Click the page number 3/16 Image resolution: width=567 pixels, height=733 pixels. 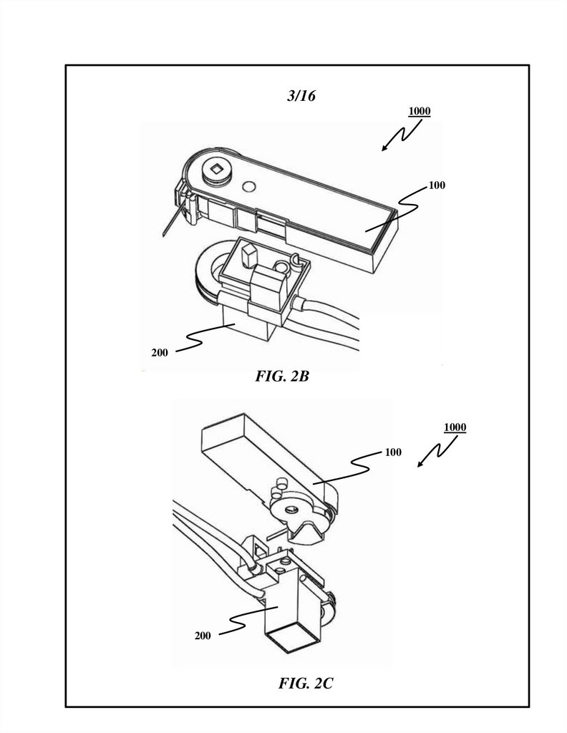(301, 96)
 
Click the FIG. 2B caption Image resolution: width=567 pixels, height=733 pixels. (282, 376)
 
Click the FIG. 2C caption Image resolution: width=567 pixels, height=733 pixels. (306, 684)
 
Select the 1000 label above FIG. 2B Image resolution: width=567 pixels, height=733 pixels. (420, 111)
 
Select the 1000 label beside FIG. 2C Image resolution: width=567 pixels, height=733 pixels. (455, 427)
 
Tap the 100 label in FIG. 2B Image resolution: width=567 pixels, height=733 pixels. (437, 185)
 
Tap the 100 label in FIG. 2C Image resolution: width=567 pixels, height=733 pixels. (392, 452)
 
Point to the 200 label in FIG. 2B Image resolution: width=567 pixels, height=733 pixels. (160, 352)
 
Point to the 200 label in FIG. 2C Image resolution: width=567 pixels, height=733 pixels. (203, 636)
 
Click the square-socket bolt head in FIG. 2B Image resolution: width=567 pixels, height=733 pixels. (216, 170)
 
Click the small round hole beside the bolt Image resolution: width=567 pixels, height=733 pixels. (248, 187)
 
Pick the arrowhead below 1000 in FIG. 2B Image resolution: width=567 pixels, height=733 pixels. (384, 147)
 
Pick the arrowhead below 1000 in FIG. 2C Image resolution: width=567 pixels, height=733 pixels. (421, 463)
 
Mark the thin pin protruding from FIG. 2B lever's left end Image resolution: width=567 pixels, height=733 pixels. (171, 220)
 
